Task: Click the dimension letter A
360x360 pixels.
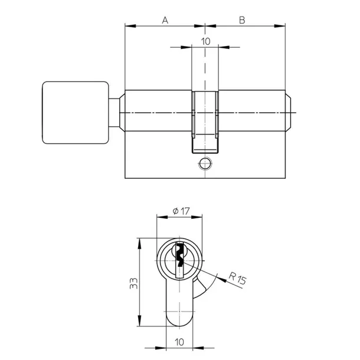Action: coord(165,19)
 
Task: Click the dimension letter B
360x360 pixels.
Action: coord(242,19)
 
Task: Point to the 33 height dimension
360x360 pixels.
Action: coord(134,283)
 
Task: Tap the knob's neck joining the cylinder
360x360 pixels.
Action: coord(117,112)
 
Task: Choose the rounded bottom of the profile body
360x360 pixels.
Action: coord(179,322)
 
